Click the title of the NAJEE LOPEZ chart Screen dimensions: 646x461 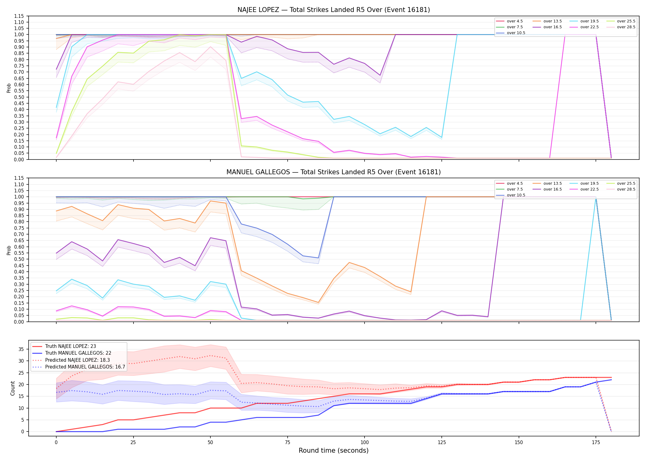point(333,10)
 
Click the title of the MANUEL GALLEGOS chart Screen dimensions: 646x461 point(333,172)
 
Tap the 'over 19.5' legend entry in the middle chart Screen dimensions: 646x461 point(584,183)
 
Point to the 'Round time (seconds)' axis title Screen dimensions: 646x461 point(333,451)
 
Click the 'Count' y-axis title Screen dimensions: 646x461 point(13,388)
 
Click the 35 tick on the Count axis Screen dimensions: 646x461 point(21,349)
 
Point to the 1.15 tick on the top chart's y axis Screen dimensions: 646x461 point(19,16)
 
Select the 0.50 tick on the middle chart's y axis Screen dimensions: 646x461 point(19,259)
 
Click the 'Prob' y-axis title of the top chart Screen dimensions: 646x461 point(9,88)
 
